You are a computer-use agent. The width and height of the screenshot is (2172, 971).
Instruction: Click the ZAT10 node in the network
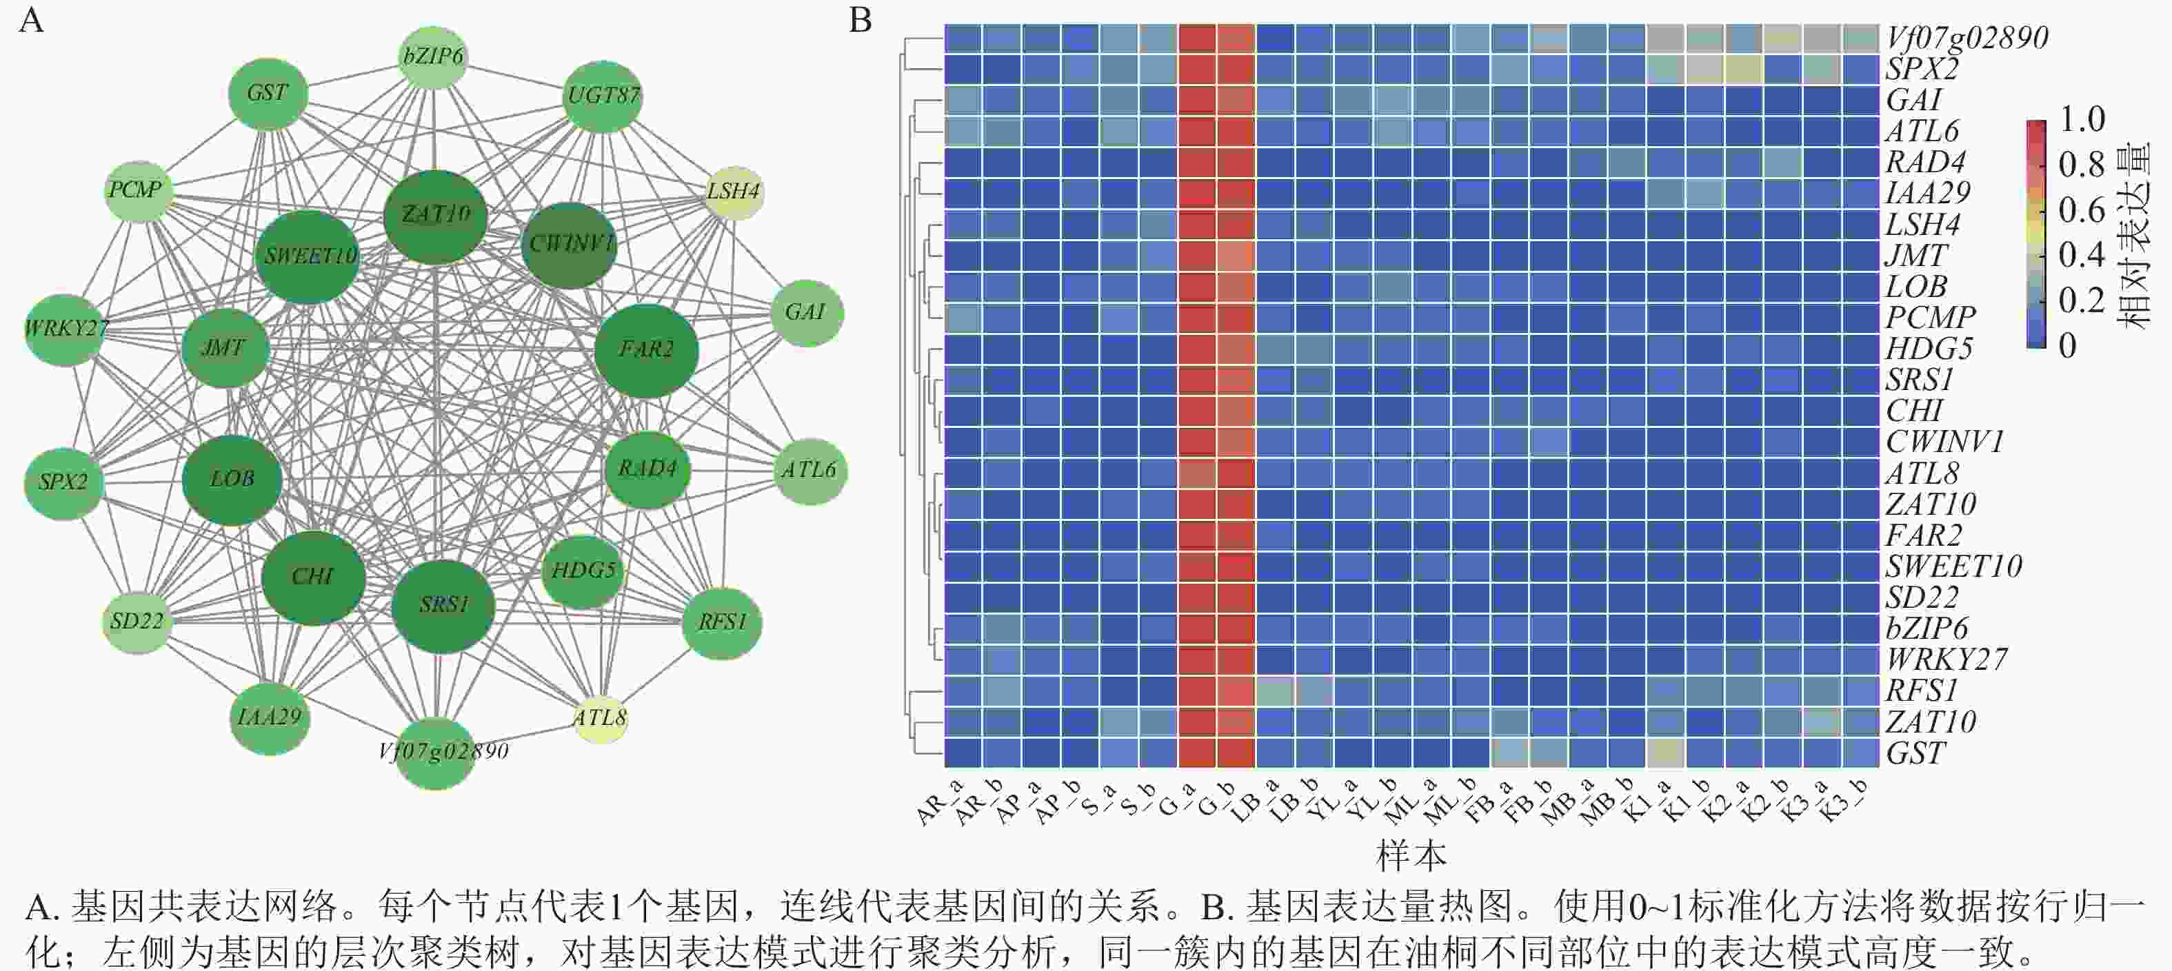coord(435,216)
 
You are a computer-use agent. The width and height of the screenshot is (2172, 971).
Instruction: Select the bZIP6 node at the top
coord(432,57)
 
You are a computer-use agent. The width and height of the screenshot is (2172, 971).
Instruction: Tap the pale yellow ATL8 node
coord(601,718)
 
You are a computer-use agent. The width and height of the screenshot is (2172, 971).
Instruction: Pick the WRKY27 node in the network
coord(66,329)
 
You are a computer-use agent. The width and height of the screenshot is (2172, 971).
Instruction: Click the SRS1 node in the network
coord(443,606)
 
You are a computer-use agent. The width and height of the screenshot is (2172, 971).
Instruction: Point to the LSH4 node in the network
coord(734,192)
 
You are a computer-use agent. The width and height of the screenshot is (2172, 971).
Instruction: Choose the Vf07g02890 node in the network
coord(436,753)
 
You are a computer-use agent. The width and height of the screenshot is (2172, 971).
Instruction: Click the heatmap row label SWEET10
coord(1953,566)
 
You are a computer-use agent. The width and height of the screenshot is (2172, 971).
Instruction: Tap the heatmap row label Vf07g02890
coord(1967,38)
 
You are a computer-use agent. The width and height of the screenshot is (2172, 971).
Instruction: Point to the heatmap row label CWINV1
coord(1944,442)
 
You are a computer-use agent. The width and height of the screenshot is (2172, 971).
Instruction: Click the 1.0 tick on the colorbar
coord(2082,120)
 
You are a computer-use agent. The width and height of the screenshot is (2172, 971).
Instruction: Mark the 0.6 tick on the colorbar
coord(2082,210)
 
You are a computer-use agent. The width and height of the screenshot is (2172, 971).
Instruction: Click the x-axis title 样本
coord(1411,855)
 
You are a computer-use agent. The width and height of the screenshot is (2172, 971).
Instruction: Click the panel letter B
coord(860,20)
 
